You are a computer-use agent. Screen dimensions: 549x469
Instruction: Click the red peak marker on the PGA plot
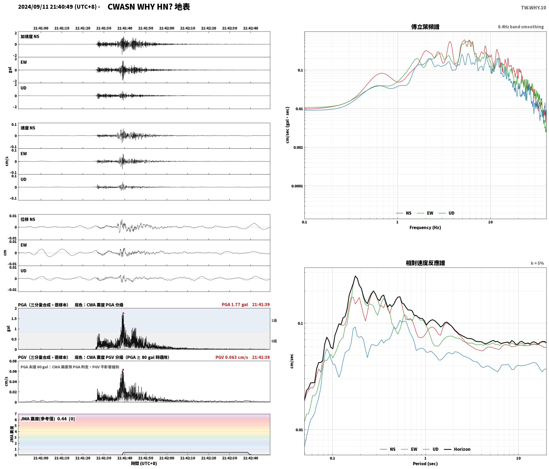point(123,313)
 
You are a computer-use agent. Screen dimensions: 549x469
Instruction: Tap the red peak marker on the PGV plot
point(123,370)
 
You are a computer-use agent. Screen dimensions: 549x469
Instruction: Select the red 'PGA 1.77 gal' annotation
point(235,305)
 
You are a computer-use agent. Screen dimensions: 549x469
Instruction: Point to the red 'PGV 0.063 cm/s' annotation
point(232,357)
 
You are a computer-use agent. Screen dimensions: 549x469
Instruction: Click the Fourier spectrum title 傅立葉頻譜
point(425,27)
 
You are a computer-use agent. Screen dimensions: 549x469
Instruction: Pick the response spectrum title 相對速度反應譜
point(425,263)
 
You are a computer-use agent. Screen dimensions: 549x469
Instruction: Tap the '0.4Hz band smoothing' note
point(521,27)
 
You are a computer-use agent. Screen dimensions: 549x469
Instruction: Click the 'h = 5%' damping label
point(537,263)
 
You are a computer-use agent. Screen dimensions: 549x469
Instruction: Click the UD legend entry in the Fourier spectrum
point(447,213)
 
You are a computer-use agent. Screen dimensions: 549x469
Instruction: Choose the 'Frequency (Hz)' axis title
point(425,228)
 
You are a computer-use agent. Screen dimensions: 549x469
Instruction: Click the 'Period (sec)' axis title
point(425,464)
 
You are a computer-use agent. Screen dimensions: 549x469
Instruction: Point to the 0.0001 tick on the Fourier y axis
point(297,186)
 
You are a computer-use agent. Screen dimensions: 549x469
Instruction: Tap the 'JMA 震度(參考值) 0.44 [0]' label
point(48,419)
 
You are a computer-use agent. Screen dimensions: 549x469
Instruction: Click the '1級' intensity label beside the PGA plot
point(274,321)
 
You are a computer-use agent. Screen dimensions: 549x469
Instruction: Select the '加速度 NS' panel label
point(30,37)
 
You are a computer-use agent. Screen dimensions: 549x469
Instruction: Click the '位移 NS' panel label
point(28,219)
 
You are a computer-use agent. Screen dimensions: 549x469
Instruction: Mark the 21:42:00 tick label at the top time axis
point(167,28)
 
